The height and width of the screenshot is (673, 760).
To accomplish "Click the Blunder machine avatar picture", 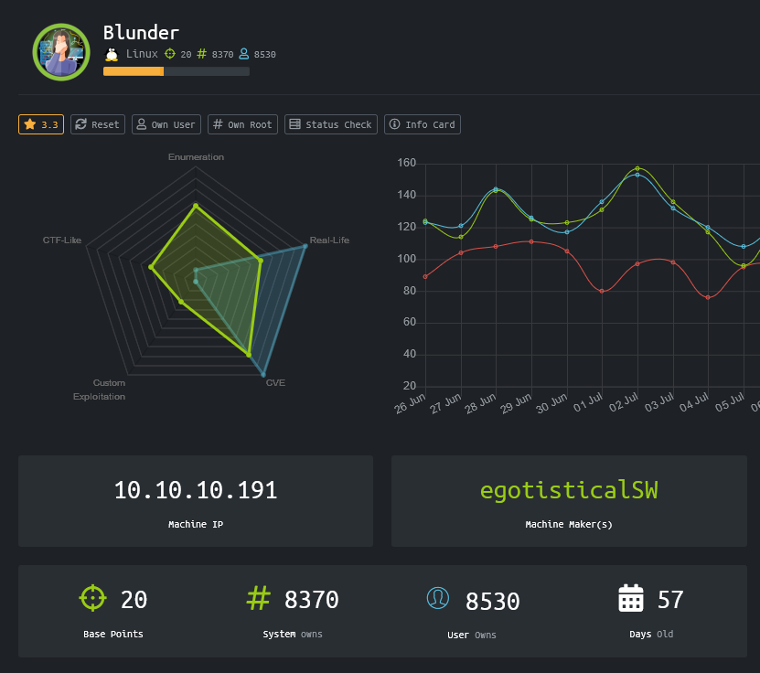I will [x=61, y=52].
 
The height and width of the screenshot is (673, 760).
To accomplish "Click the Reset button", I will [x=97, y=124].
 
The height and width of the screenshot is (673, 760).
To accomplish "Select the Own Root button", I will [x=242, y=124].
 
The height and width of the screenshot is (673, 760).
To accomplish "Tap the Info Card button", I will [x=422, y=124].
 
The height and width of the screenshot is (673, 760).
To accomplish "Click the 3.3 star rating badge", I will [x=41, y=124].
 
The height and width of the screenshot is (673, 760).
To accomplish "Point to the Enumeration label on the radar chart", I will [x=196, y=157].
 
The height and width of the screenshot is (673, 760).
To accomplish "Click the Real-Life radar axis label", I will [x=329, y=240].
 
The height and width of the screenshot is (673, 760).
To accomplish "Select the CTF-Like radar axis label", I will [x=62, y=240].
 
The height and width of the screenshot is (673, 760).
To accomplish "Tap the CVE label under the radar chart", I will [x=275, y=382].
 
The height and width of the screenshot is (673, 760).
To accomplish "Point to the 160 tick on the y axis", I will [x=407, y=164].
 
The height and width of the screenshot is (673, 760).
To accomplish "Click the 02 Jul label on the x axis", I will [x=623, y=404].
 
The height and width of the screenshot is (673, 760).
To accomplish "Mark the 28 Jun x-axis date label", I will [x=481, y=404].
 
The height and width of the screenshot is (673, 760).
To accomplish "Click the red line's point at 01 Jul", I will [x=602, y=291].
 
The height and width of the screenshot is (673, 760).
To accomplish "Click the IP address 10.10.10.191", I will [x=196, y=490].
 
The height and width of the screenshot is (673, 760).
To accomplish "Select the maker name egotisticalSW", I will [x=569, y=490].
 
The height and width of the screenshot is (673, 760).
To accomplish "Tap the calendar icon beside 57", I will [x=631, y=599].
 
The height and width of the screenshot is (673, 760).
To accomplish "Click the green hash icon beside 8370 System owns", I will [x=259, y=598].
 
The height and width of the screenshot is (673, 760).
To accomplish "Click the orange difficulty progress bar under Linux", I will [x=134, y=71].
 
